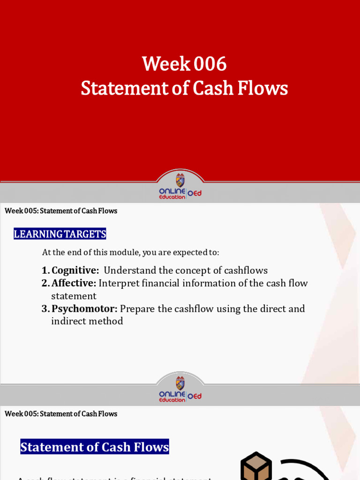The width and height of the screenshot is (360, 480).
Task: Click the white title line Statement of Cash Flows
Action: (x=184, y=88)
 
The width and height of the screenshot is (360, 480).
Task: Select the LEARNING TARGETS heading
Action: (x=60, y=234)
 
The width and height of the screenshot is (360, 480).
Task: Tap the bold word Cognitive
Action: (x=75, y=270)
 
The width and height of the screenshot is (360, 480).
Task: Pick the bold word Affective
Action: (x=74, y=283)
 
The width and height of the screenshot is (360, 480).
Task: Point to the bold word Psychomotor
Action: (x=84, y=309)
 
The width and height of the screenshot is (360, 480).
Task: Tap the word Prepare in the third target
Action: (x=140, y=309)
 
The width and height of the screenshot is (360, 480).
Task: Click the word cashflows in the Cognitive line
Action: (x=246, y=270)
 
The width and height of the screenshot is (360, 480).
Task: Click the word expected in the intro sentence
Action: (x=191, y=252)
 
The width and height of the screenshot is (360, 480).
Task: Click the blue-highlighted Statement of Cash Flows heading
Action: (x=95, y=447)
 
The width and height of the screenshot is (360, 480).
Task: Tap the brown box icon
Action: (x=256, y=467)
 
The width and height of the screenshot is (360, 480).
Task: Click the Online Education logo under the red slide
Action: (x=180, y=187)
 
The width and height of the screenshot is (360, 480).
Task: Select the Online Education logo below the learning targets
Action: (x=180, y=390)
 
